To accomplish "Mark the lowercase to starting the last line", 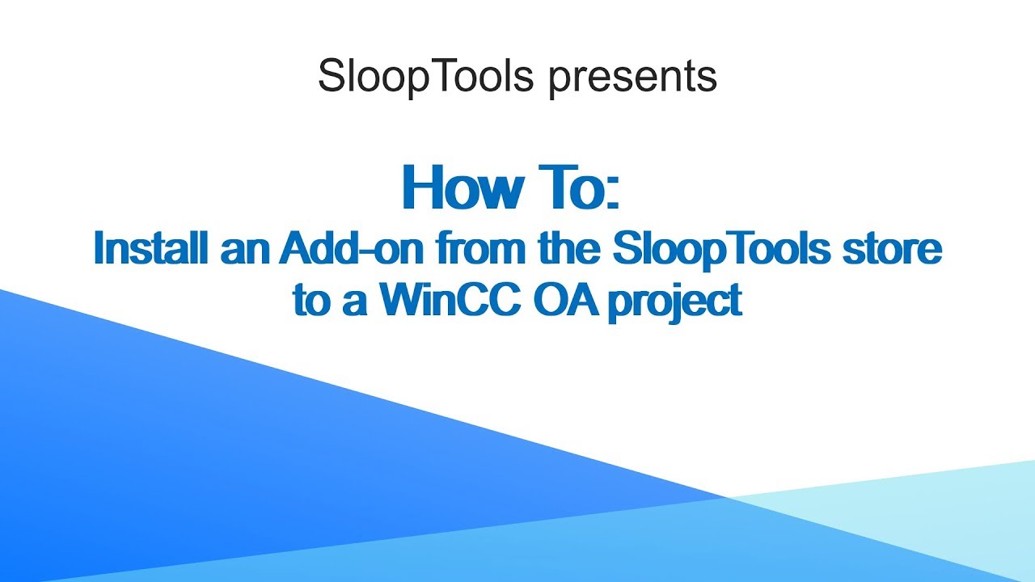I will pos(310,301).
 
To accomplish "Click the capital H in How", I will pos(422,188).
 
